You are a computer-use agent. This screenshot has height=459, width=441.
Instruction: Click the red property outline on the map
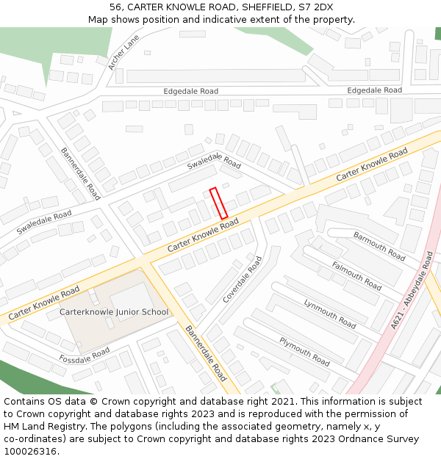click(218, 203)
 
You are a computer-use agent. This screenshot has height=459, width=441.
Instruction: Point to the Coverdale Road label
click(243, 280)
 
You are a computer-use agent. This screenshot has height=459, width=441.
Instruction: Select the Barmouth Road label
click(379, 246)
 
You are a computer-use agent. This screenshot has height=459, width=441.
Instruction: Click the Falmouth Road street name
click(356, 275)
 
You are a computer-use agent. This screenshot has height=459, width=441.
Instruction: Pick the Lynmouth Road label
click(330, 314)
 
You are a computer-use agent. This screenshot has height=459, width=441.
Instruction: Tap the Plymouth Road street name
click(304, 351)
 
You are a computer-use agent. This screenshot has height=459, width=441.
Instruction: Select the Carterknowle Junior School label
click(113, 312)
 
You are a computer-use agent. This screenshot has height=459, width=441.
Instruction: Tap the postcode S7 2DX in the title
click(316, 7)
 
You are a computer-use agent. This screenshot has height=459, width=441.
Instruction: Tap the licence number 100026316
click(29, 451)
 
